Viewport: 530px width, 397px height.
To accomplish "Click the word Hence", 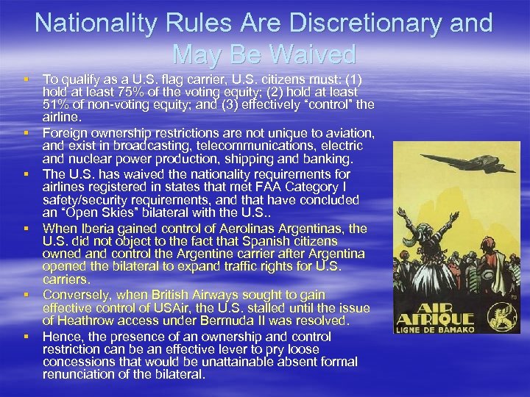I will [60, 336].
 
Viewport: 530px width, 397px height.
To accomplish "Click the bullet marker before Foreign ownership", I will [25, 133].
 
